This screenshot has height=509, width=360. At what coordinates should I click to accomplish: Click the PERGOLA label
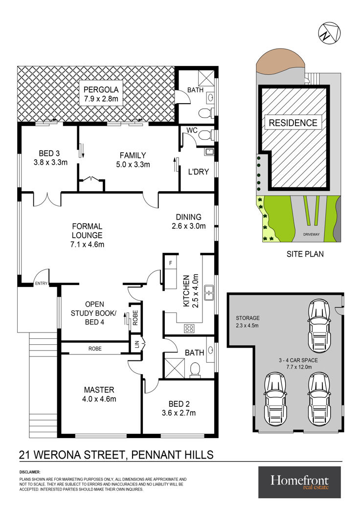coord(101,89)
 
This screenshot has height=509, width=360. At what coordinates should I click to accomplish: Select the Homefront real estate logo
coord(299,482)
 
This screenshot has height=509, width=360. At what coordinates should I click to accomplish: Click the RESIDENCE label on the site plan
coord(293,123)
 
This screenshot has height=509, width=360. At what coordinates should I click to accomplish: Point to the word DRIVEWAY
coord(311,234)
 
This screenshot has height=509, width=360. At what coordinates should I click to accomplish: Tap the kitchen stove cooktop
coord(189,328)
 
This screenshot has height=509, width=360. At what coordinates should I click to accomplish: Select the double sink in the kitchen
coord(209,293)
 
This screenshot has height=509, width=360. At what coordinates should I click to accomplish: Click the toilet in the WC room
coord(205,134)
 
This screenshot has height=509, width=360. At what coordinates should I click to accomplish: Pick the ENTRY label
coord(41,284)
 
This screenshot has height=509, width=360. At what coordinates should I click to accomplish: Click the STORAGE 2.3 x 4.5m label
coord(247,321)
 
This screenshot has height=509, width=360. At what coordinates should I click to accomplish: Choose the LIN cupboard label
coord(136,344)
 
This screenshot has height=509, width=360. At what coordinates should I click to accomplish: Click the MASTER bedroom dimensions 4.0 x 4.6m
coord(99,399)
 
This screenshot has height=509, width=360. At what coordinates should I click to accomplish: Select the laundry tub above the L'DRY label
coord(209,151)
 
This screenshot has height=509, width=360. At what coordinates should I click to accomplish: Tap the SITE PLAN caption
coord(305,254)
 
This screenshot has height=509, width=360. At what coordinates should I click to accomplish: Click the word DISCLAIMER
coord(30,472)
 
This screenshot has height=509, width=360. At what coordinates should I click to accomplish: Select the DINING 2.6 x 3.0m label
coord(189,221)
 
